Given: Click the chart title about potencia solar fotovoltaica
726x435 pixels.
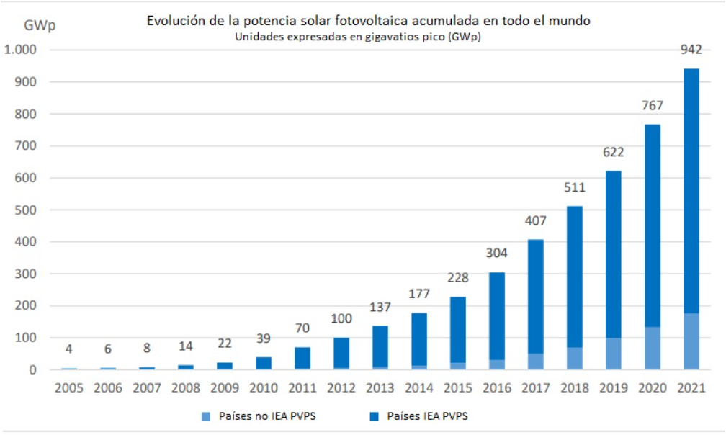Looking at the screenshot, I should click(x=368, y=21).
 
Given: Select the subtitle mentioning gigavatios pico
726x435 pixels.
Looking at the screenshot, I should click(x=357, y=37).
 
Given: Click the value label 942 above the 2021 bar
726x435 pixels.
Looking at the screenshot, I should click(x=691, y=50).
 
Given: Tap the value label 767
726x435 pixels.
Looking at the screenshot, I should click(x=653, y=107).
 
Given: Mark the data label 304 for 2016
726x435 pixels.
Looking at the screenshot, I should click(x=496, y=254).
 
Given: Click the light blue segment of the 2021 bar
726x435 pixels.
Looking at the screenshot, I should click(x=691, y=341).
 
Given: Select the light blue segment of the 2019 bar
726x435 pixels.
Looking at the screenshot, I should click(x=613, y=354).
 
